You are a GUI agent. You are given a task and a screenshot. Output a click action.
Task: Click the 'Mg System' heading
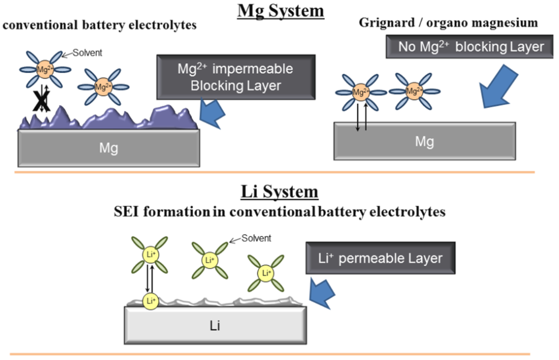(281, 11)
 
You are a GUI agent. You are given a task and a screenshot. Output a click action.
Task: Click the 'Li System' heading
(281, 192)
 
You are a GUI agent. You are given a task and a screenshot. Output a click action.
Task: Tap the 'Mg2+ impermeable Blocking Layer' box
(235, 77)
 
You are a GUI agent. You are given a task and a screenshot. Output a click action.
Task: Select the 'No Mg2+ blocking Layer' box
(470, 47)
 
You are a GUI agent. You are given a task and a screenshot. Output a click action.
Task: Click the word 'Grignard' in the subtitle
(385, 23)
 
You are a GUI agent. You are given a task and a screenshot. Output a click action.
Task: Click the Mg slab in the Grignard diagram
(424, 141)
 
